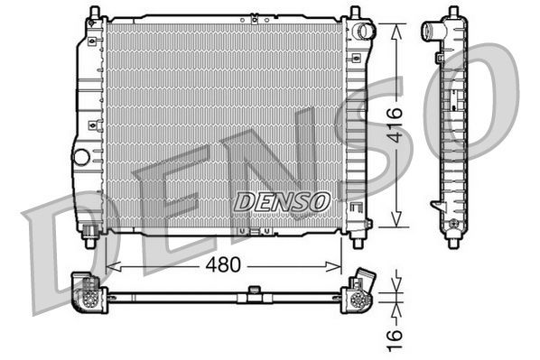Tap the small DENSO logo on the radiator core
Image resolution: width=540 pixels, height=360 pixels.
pyautogui.click(x=282, y=201)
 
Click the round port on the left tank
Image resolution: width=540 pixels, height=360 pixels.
pyautogui.click(x=82, y=156)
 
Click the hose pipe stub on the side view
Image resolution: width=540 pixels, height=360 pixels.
pyautogui.click(x=430, y=33)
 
